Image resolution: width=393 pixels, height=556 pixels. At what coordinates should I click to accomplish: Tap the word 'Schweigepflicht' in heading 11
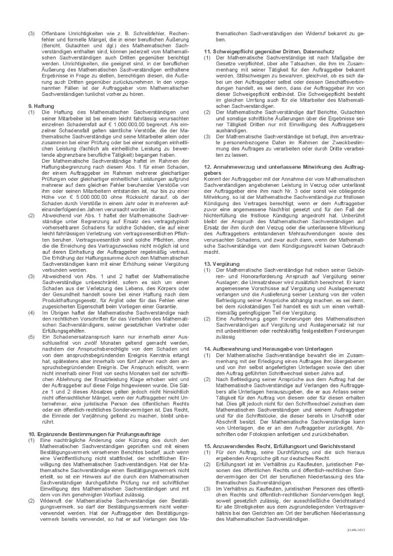pos(231,52)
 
